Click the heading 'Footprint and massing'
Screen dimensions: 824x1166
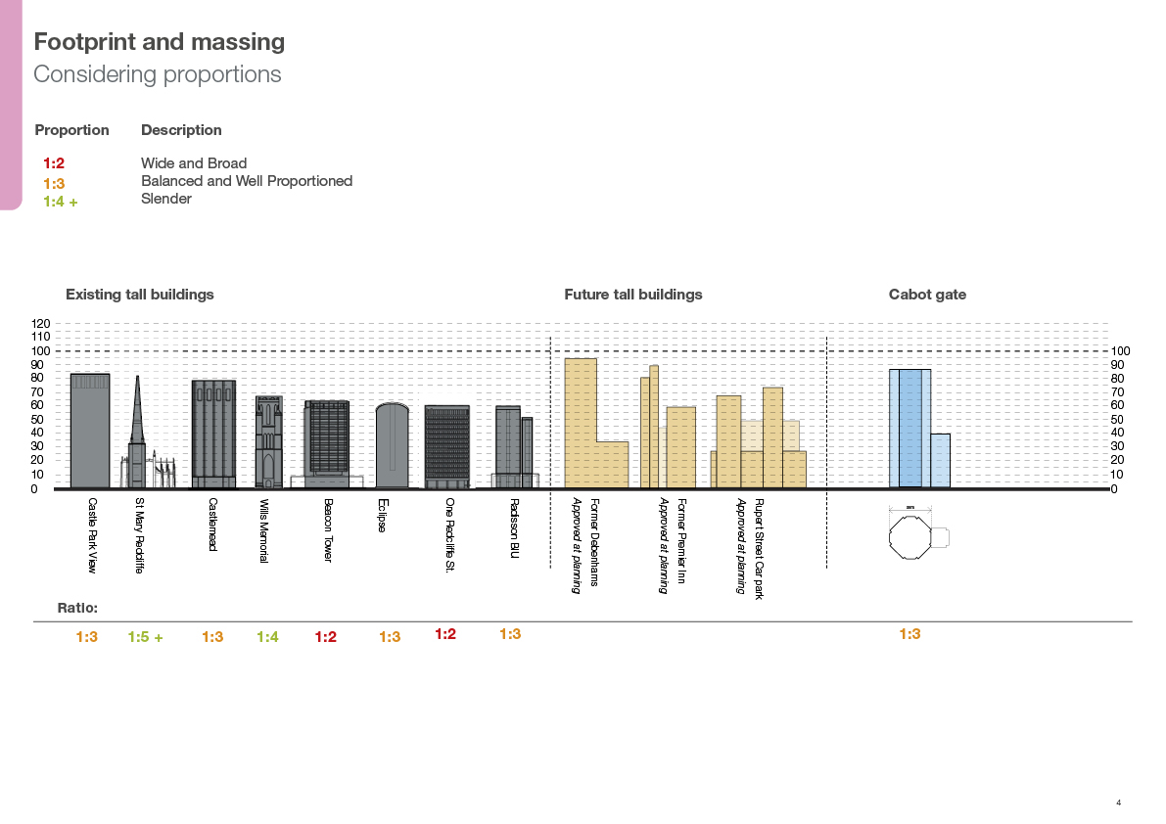coord(160,42)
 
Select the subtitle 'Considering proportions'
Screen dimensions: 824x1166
coord(158,74)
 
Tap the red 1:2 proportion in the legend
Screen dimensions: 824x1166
coord(54,164)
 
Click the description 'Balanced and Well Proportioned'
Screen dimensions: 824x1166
coord(247,181)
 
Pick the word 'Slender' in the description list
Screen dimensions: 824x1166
coord(166,199)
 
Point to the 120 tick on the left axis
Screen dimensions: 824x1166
coord(40,323)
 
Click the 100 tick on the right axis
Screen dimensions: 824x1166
coord(1121,350)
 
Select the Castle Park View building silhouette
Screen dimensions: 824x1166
coord(90,431)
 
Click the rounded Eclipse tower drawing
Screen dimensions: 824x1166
coord(392,445)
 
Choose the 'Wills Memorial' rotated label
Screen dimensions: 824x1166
coord(263,530)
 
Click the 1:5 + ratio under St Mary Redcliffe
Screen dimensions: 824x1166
coord(145,637)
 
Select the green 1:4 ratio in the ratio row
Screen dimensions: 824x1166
coord(267,637)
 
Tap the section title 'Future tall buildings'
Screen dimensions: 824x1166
coord(632,295)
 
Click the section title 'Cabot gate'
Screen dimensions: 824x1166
coord(927,295)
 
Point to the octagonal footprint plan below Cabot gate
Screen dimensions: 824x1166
coord(909,537)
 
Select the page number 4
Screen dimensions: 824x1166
coord(1118,803)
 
